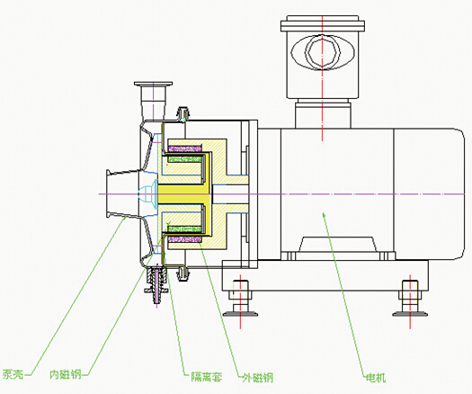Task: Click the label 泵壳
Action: [13, 374]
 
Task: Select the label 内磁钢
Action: [66, 374]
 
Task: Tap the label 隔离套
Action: [207, 377]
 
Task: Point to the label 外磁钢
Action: [258, 377]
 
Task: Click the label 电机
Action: [376, 377]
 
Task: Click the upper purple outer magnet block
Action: [185, 148]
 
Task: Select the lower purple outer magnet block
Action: [185, 239]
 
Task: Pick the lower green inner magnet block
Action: [184, 229]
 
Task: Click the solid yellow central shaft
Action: [183, 194]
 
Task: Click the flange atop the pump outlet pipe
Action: [154, 84]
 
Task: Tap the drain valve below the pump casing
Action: [156, 284]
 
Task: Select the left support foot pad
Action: [240, 314]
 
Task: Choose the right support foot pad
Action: [410, 314]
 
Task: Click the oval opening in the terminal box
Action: [323, 52]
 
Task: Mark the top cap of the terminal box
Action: [323, 23]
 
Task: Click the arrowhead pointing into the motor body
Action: [325, 215]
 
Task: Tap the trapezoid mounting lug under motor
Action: [338, 245]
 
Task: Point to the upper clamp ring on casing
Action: [183, 114]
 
